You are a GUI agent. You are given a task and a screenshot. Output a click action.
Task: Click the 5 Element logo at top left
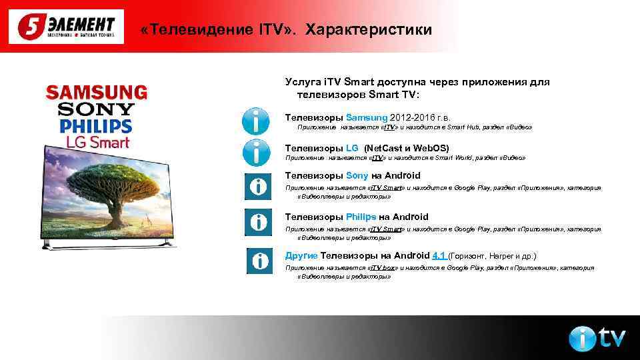(x=66, y=27)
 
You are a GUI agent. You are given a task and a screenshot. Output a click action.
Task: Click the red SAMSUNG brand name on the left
(x=96, y=92)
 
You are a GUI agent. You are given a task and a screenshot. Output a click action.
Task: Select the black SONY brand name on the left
(x=96, y=109)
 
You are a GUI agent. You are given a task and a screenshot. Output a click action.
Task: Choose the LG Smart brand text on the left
(x=96, y=142)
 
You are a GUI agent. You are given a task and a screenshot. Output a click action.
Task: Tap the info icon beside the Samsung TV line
(x=256, y=120)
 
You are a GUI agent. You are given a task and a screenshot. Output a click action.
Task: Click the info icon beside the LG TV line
(x=256, y=153)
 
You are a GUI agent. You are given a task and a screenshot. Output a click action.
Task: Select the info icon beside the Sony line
(x=257, y=186)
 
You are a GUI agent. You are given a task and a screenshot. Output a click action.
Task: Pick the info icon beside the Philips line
(x=257, y=221)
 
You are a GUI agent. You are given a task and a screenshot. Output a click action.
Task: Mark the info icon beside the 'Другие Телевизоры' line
(x=259, y=261)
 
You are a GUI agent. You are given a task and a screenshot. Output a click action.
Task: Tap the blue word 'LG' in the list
(x=352, y=148)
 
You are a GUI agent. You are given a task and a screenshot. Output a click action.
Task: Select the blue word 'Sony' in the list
(x=357, y=175)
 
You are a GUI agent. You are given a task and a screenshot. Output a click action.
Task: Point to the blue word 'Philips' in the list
(x=361, y=217)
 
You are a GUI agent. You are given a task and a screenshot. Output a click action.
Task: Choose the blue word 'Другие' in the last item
(x=301, y=255)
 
